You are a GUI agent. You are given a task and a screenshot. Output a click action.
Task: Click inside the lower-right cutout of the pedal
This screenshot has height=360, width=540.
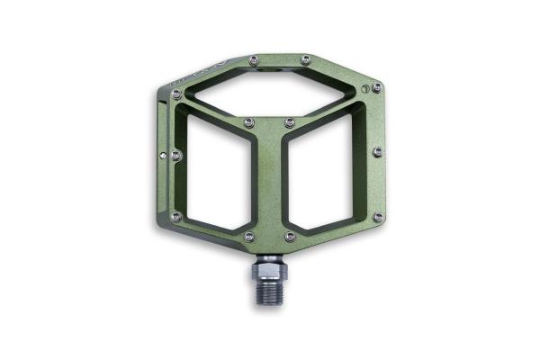326,175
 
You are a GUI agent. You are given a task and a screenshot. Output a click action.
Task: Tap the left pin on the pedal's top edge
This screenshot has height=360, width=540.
254,59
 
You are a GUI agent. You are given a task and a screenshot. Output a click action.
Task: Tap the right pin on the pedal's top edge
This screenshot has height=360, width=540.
305,59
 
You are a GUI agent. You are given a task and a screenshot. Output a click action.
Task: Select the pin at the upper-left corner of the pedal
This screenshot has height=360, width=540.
176,94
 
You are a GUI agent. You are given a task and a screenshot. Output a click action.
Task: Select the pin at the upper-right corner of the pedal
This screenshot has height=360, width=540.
376,87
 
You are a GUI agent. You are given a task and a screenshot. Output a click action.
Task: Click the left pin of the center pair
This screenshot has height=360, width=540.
249,122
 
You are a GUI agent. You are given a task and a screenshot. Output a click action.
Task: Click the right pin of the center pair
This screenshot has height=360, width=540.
290,122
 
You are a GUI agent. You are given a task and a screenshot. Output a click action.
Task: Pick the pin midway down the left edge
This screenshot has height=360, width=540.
176,155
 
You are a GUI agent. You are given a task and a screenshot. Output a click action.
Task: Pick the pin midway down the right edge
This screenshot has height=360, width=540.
378,151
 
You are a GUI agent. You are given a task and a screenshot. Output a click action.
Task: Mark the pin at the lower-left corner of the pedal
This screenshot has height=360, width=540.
176,216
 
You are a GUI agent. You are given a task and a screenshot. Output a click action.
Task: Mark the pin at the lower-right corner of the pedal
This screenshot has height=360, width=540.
378,217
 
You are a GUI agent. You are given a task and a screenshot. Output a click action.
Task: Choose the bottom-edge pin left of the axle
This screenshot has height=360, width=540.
249,237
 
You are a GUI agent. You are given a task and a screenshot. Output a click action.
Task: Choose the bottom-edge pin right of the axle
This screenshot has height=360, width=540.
290,237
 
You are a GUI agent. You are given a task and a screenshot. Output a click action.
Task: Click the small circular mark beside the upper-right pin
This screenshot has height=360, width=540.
364,88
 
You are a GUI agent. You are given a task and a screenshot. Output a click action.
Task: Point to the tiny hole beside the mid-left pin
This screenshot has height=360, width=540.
163,155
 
